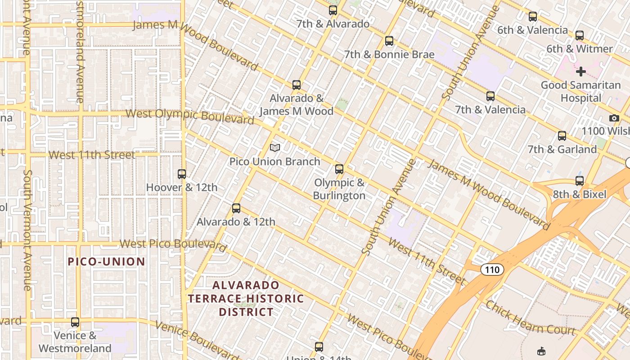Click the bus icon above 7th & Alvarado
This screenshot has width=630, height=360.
coord(333,10)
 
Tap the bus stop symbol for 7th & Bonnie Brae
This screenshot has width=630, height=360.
coord(389,41)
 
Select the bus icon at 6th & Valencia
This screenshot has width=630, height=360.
coord(533,17)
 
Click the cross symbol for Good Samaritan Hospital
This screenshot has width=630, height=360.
coord(580,71)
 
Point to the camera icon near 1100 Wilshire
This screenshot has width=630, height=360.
coord(614,118)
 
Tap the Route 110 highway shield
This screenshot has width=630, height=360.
coord(492,270)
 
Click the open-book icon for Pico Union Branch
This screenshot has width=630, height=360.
coord(275,148)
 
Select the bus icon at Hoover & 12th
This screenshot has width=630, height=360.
coord(182,174)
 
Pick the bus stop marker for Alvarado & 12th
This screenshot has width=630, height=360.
coord(236,208)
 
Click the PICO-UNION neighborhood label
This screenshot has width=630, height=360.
coord(107,261)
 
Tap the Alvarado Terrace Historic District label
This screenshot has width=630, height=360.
coord(246,298)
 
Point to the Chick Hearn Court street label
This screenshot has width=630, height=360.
coord(530,318)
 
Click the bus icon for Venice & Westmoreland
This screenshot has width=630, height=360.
coord(75,322)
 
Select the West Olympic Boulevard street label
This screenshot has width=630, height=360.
coord(189,116)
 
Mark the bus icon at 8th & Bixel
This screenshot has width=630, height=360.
coord(580,181)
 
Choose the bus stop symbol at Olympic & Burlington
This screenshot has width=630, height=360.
coord(339,169)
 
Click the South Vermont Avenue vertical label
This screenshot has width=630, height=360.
coord(27,229)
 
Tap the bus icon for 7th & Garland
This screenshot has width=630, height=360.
coord(562,136)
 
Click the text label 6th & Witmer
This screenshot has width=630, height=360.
coord(580,49)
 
